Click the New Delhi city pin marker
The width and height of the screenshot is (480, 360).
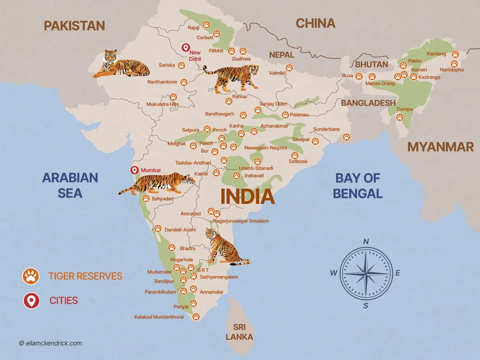(185, 48)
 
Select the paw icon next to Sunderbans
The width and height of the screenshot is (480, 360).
(346, 137)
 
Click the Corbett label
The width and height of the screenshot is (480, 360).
(205, 37)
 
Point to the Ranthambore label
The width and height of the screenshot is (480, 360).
(162, 82)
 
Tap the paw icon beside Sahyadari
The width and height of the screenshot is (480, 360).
(146, 199)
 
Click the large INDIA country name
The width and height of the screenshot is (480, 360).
(247, 196)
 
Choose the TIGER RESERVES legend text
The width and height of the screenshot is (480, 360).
(85, 276)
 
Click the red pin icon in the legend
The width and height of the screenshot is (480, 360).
(31, 300)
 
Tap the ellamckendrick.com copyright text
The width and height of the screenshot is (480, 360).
(51, 343)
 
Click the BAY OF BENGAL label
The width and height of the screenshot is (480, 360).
(358, 186)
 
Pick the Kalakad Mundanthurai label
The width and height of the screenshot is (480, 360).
(159, 317)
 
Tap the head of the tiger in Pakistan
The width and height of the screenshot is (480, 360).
(110, 57)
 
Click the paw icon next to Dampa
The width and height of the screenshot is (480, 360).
(399, 117)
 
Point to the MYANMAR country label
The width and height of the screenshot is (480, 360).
(440, 147)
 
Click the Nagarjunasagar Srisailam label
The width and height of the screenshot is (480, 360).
(241, 221)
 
